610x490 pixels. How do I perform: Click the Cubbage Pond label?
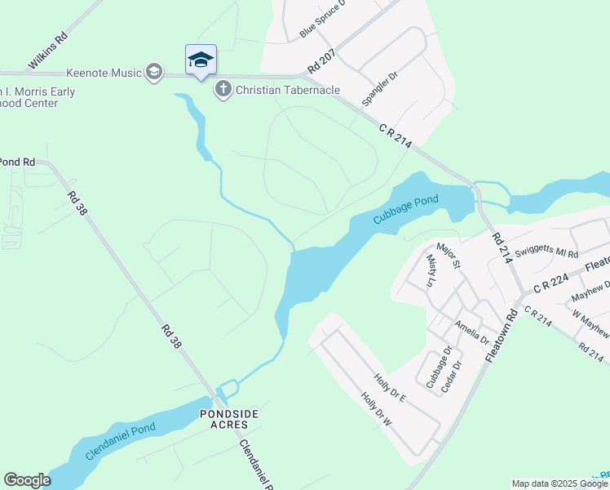[406, 209]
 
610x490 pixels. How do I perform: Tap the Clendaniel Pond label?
[120, 442]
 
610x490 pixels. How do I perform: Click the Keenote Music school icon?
[152, 73]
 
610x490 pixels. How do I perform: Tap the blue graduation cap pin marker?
[201, 60]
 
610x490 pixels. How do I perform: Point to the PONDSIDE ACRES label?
[229, 421]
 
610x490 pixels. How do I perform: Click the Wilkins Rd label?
[47, 51]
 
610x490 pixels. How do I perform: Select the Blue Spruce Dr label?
[323, 19]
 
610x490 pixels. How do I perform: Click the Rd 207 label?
[323, 58]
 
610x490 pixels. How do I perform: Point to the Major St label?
[449, 254]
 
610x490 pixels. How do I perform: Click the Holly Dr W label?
[377, 411]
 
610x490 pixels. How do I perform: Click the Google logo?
[27, 480]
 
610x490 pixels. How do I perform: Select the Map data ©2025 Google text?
[559, 483]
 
